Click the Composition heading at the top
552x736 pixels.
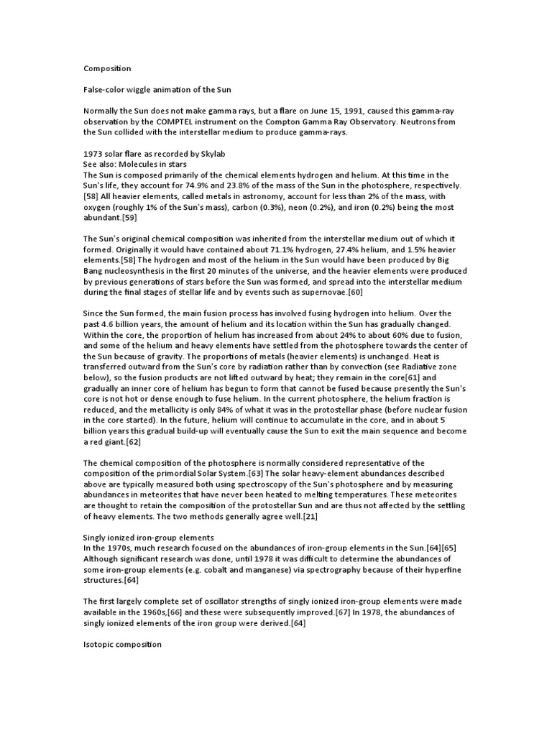pos(107,69)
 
